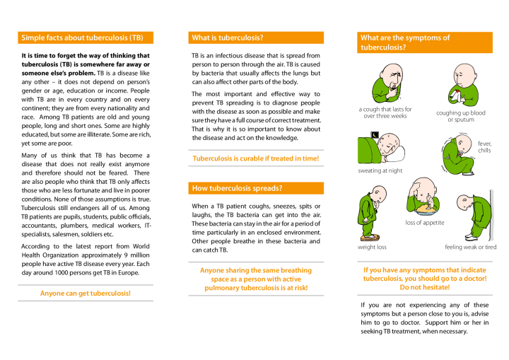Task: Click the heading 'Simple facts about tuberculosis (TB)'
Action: click(82, 37)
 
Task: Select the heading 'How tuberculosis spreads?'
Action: click(238, 188)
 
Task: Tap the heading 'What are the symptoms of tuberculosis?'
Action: click(405, 42)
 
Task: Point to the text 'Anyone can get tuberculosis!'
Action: click(86, 293)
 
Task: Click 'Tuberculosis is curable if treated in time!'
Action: click(256, 158)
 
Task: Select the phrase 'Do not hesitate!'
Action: click(425, 287)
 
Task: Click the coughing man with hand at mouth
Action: click(388, 83)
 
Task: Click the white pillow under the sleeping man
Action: click(397, 153)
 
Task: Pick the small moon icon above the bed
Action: click(375, 134)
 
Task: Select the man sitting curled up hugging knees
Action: click(458, 156)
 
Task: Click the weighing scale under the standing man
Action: click(368, 238)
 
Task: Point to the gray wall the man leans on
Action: click(492, 215)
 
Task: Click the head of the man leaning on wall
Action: click(464, 203)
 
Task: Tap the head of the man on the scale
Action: click(378, 194)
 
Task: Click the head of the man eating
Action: click(424, 187)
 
